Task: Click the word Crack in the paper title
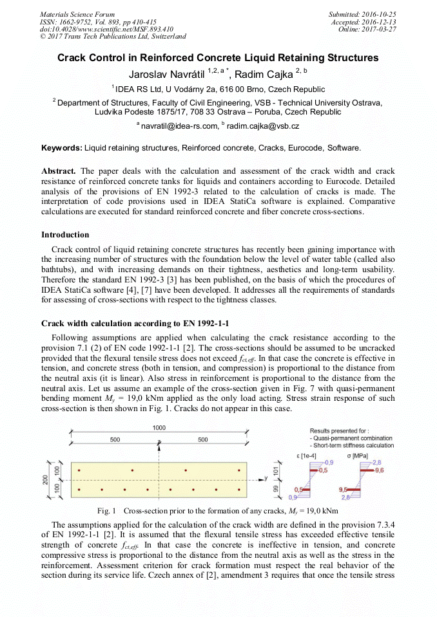click(x=73, y=58)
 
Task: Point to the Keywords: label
click(x=62, y=148)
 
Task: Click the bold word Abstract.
click(x=59, y=172)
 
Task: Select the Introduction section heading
click(x=65, y=235)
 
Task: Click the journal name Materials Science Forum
click(x=77, y=14)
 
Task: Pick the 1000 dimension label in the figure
click(x=159, y=428)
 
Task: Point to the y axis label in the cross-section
click(x=266, y=478)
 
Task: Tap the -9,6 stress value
click(x=378, y=470)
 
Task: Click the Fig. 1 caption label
click(x=106, y=511)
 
